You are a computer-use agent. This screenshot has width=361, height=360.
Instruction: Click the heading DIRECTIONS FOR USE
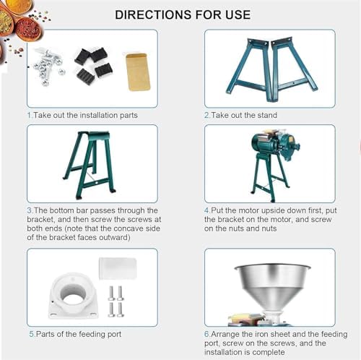click(x=183, y=15)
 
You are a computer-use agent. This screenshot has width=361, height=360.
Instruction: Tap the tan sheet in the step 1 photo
click(x=138, y=72)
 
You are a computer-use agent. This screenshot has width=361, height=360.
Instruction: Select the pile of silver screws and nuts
click(x=49, y=66)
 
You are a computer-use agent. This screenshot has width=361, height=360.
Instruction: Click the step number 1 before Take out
click(x=30, y=115)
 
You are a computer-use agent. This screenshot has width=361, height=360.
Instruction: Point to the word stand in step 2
click(x=267, y=115)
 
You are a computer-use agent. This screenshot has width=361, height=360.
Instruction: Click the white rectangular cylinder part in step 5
click(x=118, y=268)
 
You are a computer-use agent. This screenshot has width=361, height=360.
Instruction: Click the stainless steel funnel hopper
click(x=272, y=289)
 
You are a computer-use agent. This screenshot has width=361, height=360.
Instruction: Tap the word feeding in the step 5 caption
click(x=92, y=334)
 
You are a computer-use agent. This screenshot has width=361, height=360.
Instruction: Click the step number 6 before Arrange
click(x=207, y=334)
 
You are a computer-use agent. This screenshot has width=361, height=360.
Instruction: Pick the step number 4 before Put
click(x=207, y=210)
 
